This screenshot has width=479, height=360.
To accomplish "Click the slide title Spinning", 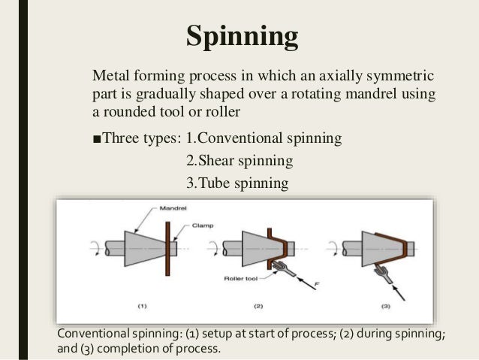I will [242, 35].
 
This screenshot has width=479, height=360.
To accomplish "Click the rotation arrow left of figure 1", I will [94, 247].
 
